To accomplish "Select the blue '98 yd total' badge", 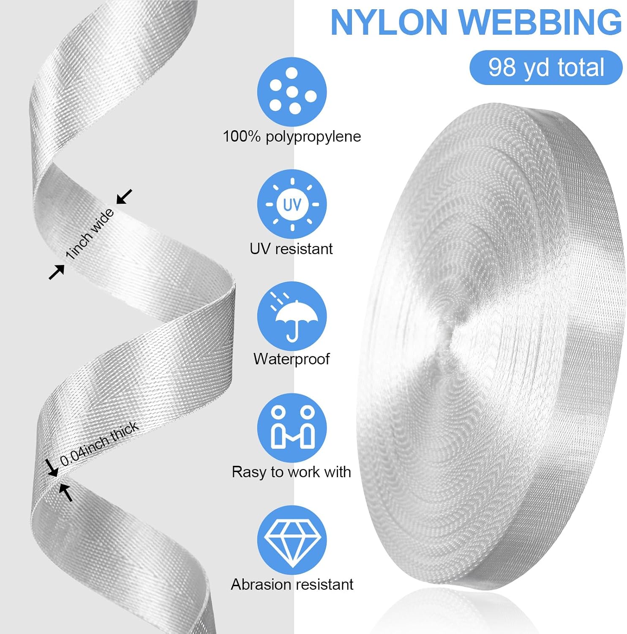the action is [546, 68].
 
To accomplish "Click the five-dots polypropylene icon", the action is [292, 92].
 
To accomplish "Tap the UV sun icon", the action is [292, 205].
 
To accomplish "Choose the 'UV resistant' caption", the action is [291, 249].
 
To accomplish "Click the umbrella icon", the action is [292, 317].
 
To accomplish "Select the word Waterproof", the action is [291, 359].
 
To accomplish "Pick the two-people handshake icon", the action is [292, 428].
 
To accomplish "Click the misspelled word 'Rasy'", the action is [248, 472].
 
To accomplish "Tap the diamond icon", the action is [292, 540].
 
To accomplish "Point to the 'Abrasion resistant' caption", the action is [292, 585].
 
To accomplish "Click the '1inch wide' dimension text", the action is [90, 233].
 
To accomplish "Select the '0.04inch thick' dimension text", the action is [99, 444].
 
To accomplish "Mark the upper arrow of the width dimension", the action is [124, 197].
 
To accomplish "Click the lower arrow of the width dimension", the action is [57, 272].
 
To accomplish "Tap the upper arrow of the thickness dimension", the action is [52, 468].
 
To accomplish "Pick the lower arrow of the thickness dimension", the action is [66, 492].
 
